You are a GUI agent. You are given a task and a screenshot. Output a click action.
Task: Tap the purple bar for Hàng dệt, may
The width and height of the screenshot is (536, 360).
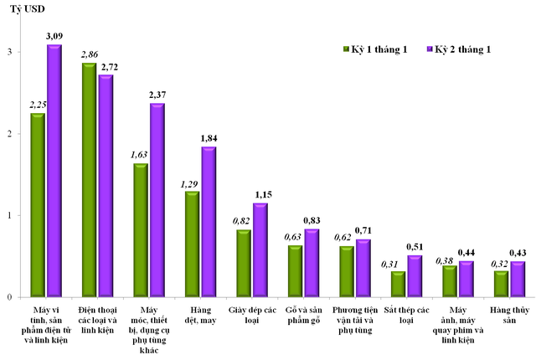coord(209,222)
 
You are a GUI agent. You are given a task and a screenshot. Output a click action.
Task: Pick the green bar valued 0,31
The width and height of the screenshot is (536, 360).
coord(398,284)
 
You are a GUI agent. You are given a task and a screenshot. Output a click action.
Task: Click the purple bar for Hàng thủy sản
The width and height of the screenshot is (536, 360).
coord(518,280)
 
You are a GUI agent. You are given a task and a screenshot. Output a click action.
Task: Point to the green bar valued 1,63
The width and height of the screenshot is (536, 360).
coord(141,230)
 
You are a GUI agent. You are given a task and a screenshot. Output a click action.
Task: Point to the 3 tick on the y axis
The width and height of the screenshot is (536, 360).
coord(9,53)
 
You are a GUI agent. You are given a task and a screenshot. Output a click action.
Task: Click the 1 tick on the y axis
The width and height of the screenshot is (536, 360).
coord(9,215)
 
